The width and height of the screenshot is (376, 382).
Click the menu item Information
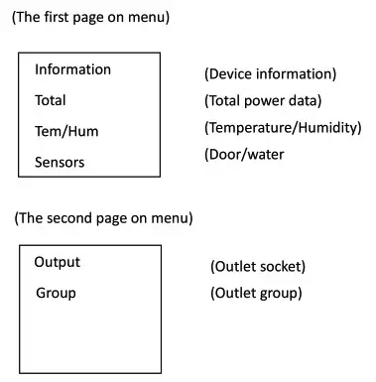[x=72, y=69]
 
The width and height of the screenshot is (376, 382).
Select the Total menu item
[x=51, y=100]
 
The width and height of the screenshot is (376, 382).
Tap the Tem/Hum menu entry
[x=66, y=131]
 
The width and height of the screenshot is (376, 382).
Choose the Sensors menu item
[x=60, y=162]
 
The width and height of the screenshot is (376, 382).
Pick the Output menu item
[x=58, y=262]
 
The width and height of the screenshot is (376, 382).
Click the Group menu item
[x=56, y=293]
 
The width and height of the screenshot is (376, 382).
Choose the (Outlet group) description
[x=256, y=293]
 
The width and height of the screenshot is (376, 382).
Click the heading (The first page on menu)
[x=90, y=17]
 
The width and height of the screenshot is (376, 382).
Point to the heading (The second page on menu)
[x=103, y=217]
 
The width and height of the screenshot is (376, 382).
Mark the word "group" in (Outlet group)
[x=279, y=293]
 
